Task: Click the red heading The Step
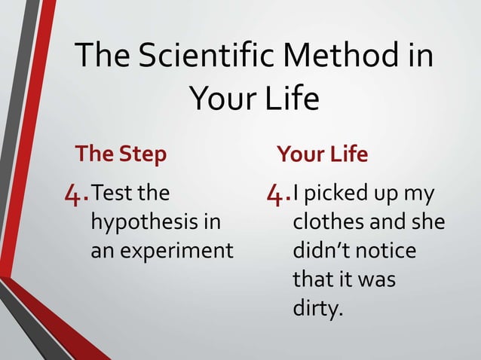pos(121,154)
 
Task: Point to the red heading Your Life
pos(322,154)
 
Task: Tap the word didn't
pos(320,250)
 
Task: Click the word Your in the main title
pos(216,99)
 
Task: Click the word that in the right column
pos(311,279)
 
